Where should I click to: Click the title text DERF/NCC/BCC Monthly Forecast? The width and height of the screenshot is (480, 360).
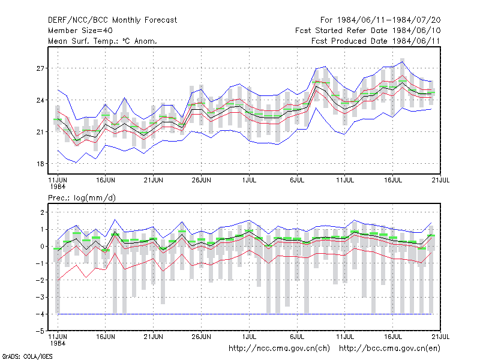tap(112, 20)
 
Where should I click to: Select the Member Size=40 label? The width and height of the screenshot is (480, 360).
tap(80, 31)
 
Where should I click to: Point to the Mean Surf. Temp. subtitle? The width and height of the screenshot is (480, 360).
tap(102, 41)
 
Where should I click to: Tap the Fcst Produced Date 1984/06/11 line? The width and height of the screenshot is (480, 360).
tap(376, 41)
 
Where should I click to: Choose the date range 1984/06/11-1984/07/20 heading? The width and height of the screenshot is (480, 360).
tap(380, 20)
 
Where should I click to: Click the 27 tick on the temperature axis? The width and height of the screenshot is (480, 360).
tap(40, 68)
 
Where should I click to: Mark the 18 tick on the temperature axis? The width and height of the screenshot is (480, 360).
tap(40, 164)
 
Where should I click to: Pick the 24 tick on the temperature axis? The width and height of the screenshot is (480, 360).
tap(40, 100)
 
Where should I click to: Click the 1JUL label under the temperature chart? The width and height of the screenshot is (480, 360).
tap(249, 180)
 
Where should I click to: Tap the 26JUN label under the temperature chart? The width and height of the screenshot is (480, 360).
tap(201, 180)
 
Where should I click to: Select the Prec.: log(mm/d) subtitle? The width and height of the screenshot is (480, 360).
tap(82, 198)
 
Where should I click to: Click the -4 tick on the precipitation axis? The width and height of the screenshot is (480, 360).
tap(40, 314)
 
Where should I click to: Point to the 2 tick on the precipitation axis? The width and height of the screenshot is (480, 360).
tap(42, 212)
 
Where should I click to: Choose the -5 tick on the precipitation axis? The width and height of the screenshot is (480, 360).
tap(40, 331)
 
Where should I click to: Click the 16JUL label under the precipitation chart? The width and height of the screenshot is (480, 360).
tap(393, 337)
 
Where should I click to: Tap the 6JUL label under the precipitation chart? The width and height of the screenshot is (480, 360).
tap(297, 337)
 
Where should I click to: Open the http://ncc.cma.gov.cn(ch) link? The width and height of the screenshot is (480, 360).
tap(279, 349)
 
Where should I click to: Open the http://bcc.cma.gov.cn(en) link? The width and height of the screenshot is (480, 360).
tap(389, 349)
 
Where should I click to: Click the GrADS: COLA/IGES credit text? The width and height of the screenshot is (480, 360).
tap(27, 356)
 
